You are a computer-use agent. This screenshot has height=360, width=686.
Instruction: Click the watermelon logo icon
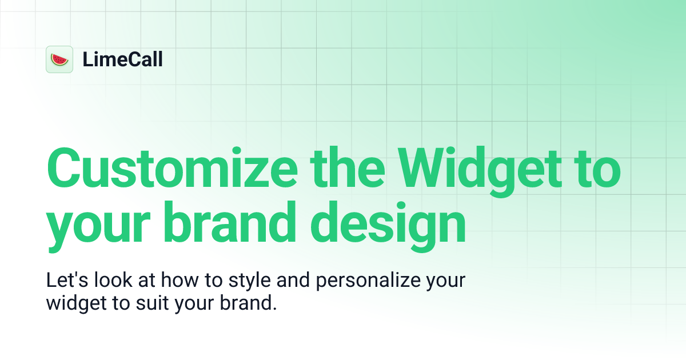tap(59, 59)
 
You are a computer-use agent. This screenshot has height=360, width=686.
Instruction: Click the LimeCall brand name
tap(122, 59)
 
